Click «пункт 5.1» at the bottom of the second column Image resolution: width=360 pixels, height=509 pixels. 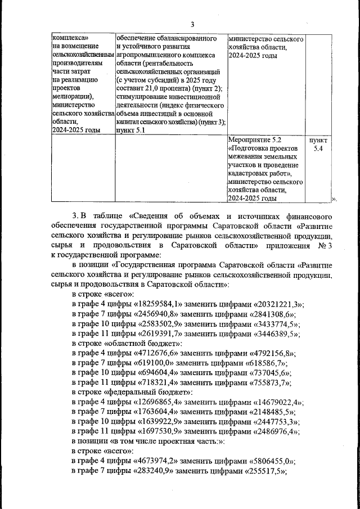pos(130,130)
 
